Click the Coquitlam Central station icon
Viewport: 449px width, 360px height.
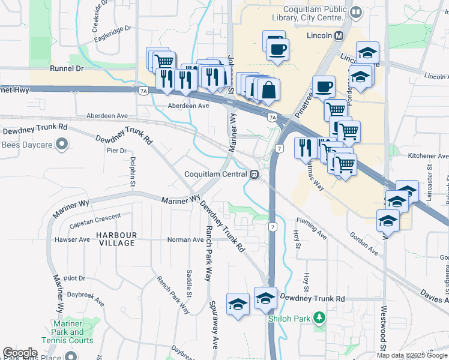pyautogui.click(x=255, y=174)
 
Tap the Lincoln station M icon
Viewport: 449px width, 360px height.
pyautogui.click(x=339, y=35)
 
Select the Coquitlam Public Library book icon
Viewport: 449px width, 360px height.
pyautogui.click(x=356, y=12)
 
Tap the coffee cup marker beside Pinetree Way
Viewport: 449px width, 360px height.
pyautogui.click(x=324, y=86)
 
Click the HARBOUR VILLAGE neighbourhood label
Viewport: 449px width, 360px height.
pyautogui.click(x=119, y=239)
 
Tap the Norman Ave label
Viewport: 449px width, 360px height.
pyautogui.click(x=185, y=239)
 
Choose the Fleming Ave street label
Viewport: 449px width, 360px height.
pyautogui.click(x=311, y=228)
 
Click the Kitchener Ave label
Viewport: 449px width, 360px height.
pyautogui.click(x=429, y=156)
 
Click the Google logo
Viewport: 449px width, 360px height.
pyautogui.click(x=20, y=353)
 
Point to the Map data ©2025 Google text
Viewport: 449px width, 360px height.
pyautogui.click(x=411, y=355)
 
